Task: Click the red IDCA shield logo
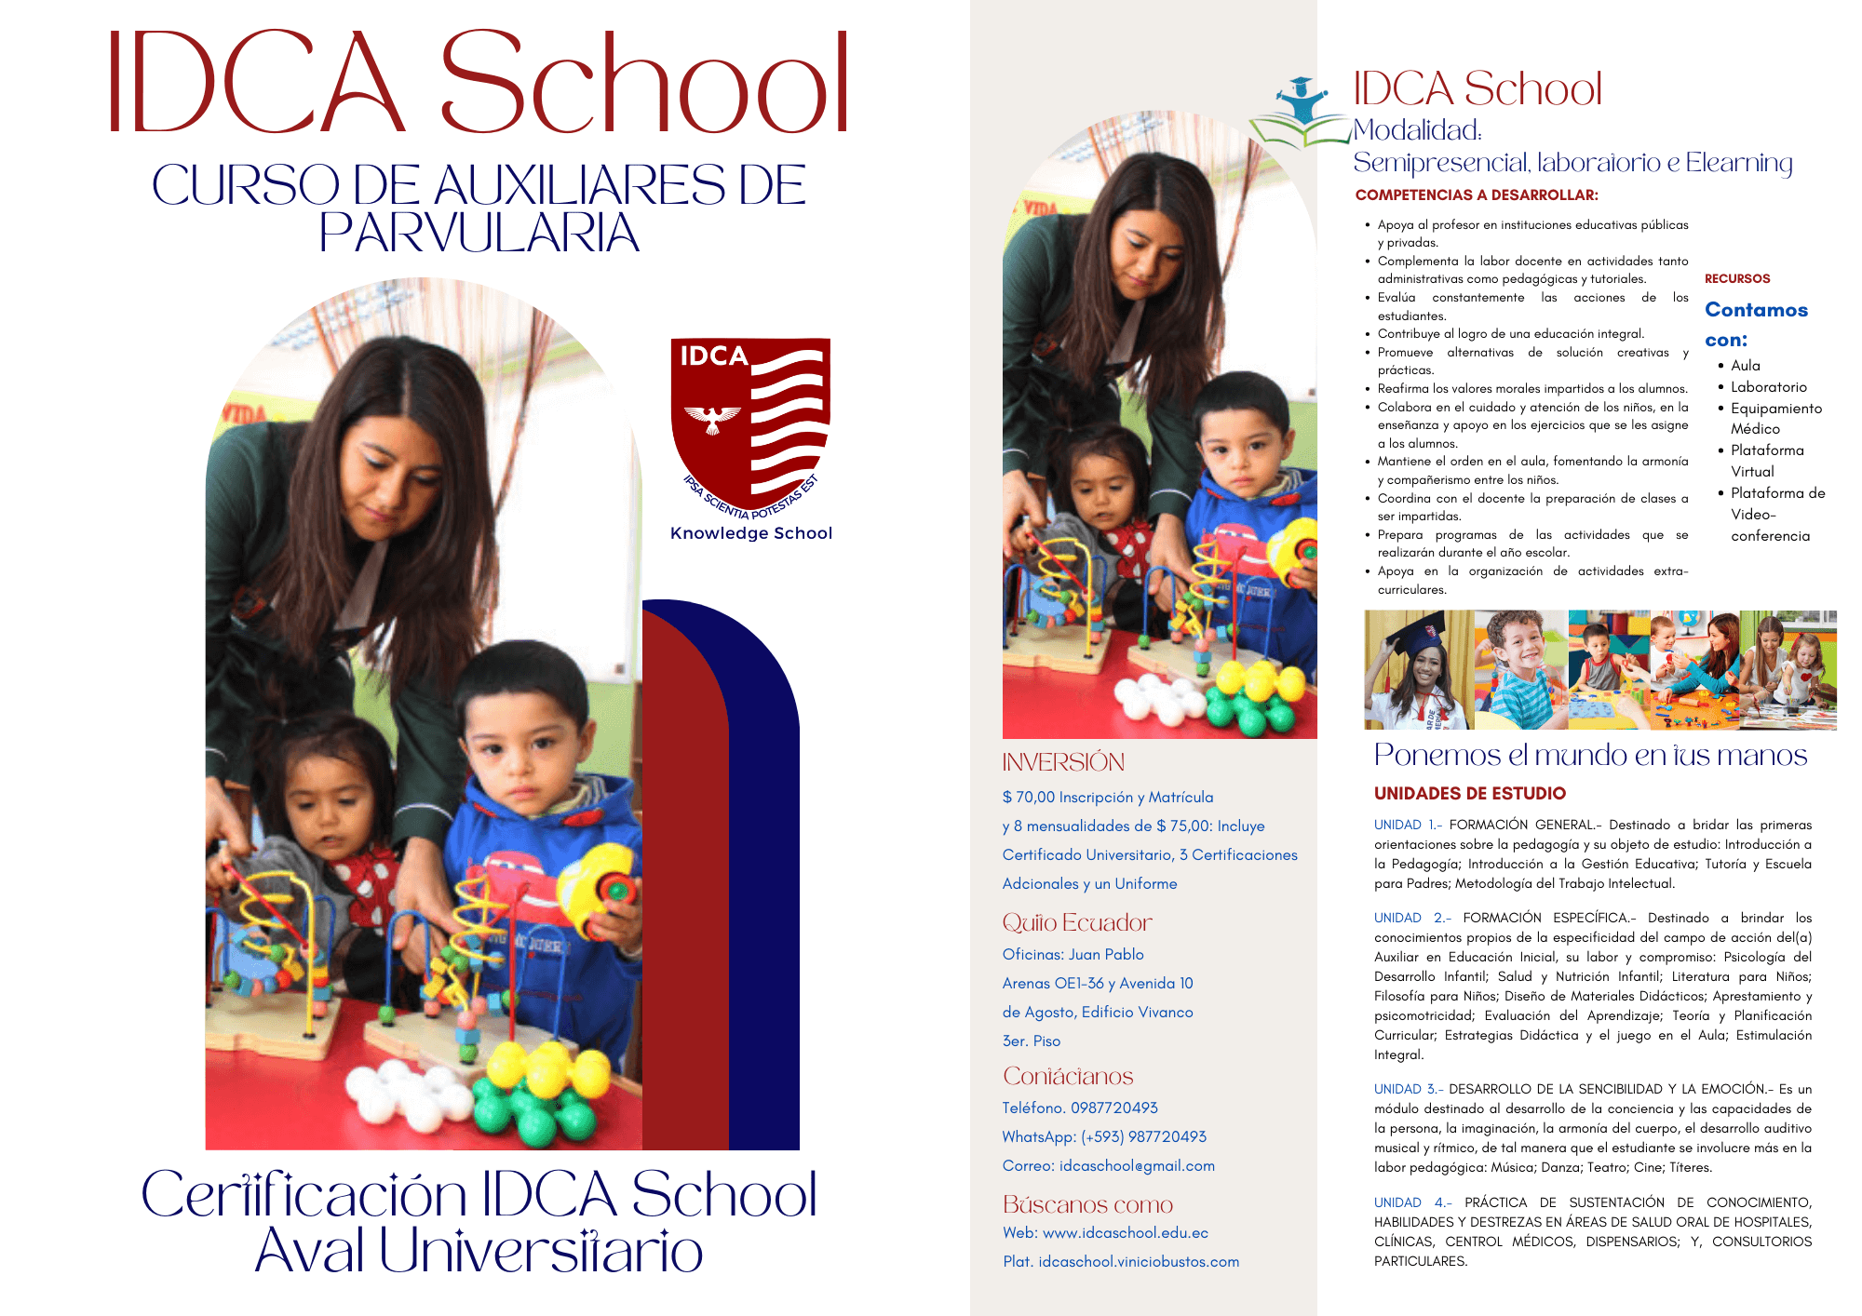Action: (x=749, y=423)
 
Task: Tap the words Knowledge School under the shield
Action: (x=751, y=533)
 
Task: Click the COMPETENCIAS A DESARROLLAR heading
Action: (x=1477, y=195)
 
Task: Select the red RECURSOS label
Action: (x=1737, y=278)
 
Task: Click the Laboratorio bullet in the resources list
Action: (x=1768, y=387)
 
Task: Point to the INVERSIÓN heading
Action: (x=1063, y=762)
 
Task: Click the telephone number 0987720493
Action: (x=1113, y=1108)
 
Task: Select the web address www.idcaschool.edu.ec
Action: (x=1125, y=1232)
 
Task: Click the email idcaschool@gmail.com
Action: (x=1137, y=1165)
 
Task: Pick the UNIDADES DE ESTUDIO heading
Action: (x=1470, y=794)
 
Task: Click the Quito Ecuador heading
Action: (x=1077, y=922)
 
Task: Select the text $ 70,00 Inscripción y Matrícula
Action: (x=1108, y=797)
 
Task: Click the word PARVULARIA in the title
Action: (x=479, y=233)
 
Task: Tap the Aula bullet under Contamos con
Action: (x=1746, y=366)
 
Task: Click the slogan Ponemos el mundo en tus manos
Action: (x=1590, y=755)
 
